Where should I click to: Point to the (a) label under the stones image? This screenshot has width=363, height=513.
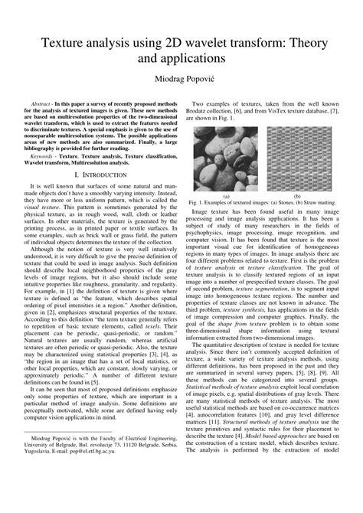(225, 196)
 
